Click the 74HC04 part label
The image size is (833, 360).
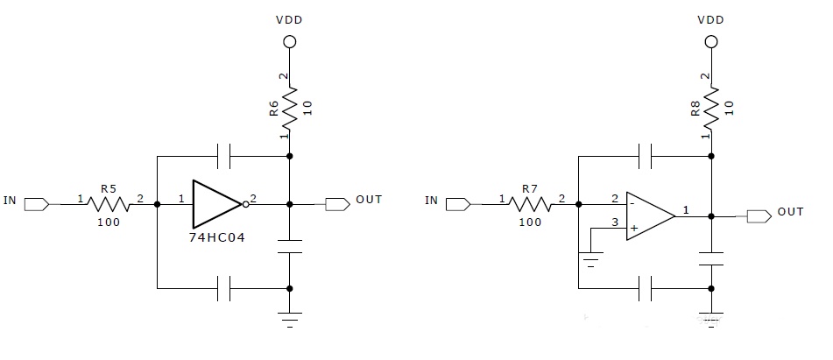(216, 238)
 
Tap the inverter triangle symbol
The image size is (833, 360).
(216, 204)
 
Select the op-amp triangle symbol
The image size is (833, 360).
(650, 216)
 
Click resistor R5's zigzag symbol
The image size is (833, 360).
(108, 204)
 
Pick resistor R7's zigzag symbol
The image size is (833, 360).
(530, 204)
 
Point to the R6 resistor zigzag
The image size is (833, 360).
(290, 109)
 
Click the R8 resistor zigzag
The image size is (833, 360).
(711, 109)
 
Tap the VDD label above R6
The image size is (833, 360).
(289, 20)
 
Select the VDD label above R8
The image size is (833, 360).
(711, 20)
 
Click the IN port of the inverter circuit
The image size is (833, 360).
(37, 203)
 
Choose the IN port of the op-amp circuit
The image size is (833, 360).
(458, 203)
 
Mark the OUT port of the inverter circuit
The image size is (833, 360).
(337, 204)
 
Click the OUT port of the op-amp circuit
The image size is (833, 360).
(759, 216)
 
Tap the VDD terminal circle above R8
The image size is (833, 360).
(711, 41)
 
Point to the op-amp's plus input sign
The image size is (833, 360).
(634, 228)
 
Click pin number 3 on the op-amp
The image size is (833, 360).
(615, 222)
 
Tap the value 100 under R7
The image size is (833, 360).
(530, 222)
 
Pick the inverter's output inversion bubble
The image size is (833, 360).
(245, 204)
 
